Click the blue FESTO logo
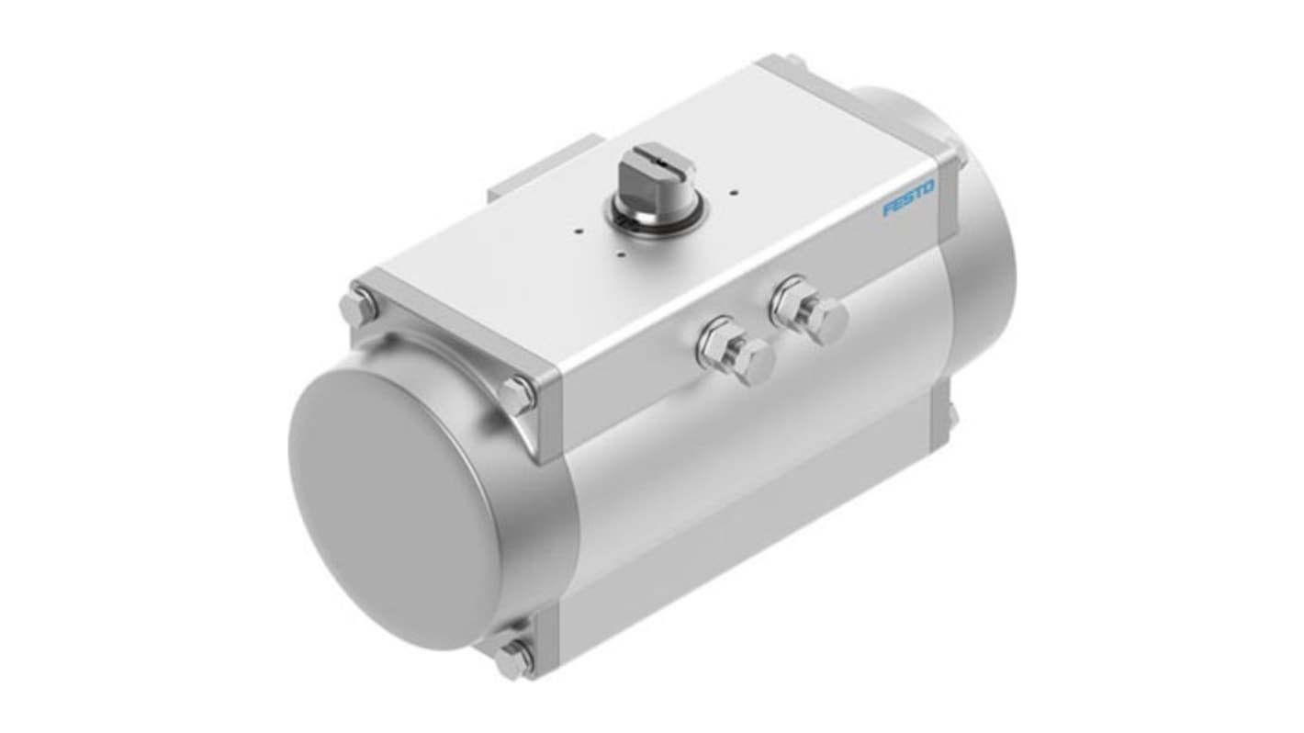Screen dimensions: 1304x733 (908, 198)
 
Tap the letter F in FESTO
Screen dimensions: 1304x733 (888, 209)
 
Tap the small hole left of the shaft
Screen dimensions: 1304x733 (577, 231)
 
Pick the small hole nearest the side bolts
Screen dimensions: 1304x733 (623, 253)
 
